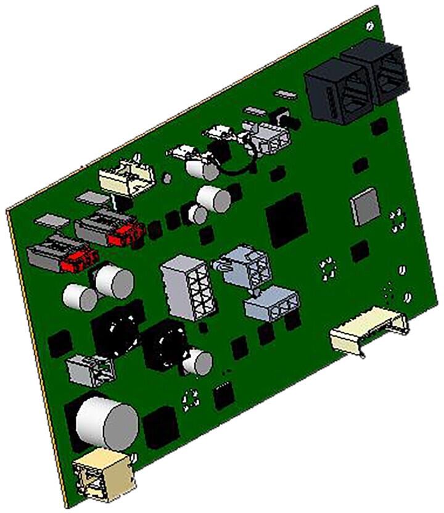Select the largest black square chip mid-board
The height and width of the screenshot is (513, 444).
coord(286,217)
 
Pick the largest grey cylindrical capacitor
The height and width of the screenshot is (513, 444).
coord(106,423)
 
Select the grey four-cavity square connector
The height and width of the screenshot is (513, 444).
coord(243,266)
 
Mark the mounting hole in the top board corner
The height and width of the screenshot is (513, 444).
coord(369,26)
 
